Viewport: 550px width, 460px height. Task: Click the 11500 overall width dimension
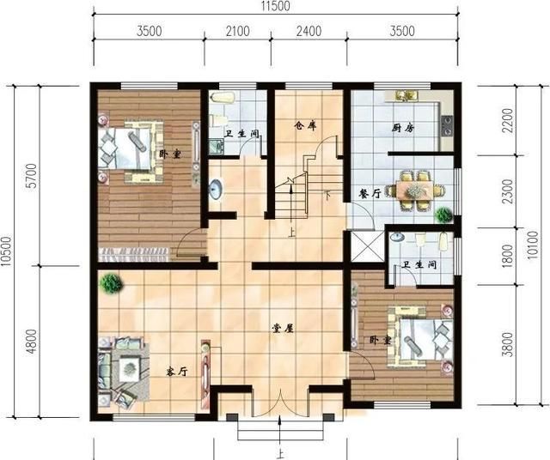click(x=275, y=6)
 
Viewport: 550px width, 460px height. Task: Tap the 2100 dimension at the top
click(x=238, y=31)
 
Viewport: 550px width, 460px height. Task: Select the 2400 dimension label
click(x=309, y=31)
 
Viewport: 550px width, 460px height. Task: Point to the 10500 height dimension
click(x=6, y=251)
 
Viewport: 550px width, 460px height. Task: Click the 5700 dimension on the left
click(x=32, y=176)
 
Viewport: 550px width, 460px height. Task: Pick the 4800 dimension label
click(x=32, y=342)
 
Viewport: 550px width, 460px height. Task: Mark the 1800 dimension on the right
click(x=508, y=256)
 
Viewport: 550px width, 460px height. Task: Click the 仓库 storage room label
click(x=305, y=125)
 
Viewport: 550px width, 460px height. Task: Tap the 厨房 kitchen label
click(x=403, y=128)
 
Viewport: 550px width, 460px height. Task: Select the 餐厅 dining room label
click(x=370, y=194)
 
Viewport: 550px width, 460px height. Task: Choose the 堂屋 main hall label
click(x=283, y=329)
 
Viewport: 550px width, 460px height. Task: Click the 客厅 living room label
click(x=177, y=372)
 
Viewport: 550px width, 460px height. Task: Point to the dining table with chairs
click(x=415, y=191)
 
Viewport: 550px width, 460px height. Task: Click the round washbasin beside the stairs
click(x=216, y=189)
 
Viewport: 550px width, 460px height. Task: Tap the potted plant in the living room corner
click(x=111, y=284)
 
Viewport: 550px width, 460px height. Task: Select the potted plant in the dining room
click(x=443, y=215)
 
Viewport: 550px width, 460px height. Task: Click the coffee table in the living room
click(x=130, y=368)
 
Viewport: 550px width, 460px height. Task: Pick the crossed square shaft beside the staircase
click(x=368, y=246)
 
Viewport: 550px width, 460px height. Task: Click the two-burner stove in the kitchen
click(x=447, y=125)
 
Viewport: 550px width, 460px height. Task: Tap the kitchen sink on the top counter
click(x=406, y=95)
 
